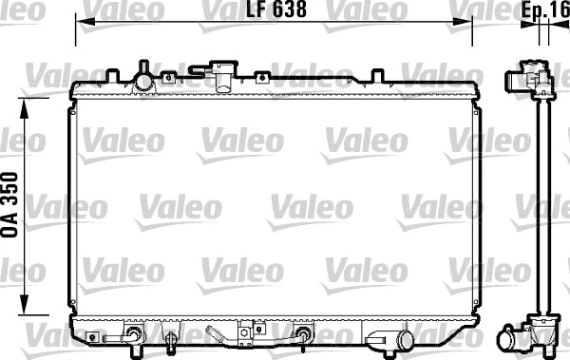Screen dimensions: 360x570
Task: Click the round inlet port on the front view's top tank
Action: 143,81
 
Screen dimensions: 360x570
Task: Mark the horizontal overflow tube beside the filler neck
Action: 200,68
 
